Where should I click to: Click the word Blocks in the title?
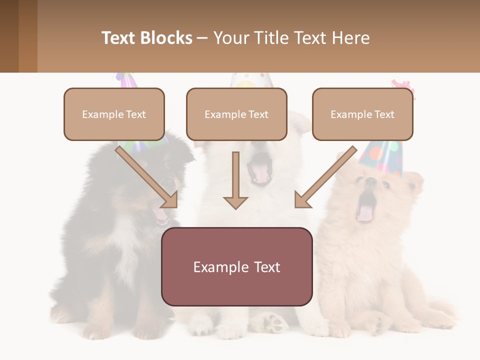coord(166,38)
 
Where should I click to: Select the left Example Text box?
coord(114,114)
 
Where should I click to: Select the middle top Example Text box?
coord(236,114)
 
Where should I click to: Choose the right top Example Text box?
coord(362,114)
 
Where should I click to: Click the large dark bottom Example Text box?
coord(236,267)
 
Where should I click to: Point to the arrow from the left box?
coord(148,177)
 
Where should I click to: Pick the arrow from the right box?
coord(325,177)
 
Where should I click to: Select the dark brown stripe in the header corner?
coord(9,36)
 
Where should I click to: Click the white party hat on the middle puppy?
coord(251,80)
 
